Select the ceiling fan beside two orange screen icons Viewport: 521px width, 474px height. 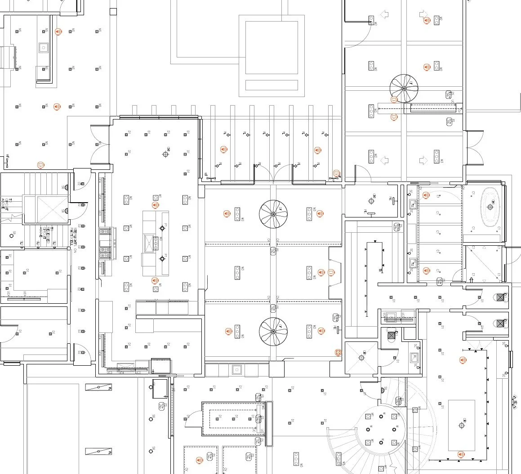404,89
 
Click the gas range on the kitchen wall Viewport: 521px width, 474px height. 105,243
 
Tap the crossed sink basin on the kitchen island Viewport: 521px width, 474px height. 148,244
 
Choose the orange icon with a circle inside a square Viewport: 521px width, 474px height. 338,352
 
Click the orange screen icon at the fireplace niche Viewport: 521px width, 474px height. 332,272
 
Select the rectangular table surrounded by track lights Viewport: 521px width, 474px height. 462,425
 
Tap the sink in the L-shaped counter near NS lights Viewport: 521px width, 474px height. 43,47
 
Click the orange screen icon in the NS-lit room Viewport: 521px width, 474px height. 40,165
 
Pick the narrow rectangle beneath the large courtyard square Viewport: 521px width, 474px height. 272,85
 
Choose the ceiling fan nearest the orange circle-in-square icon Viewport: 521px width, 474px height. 273,332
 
